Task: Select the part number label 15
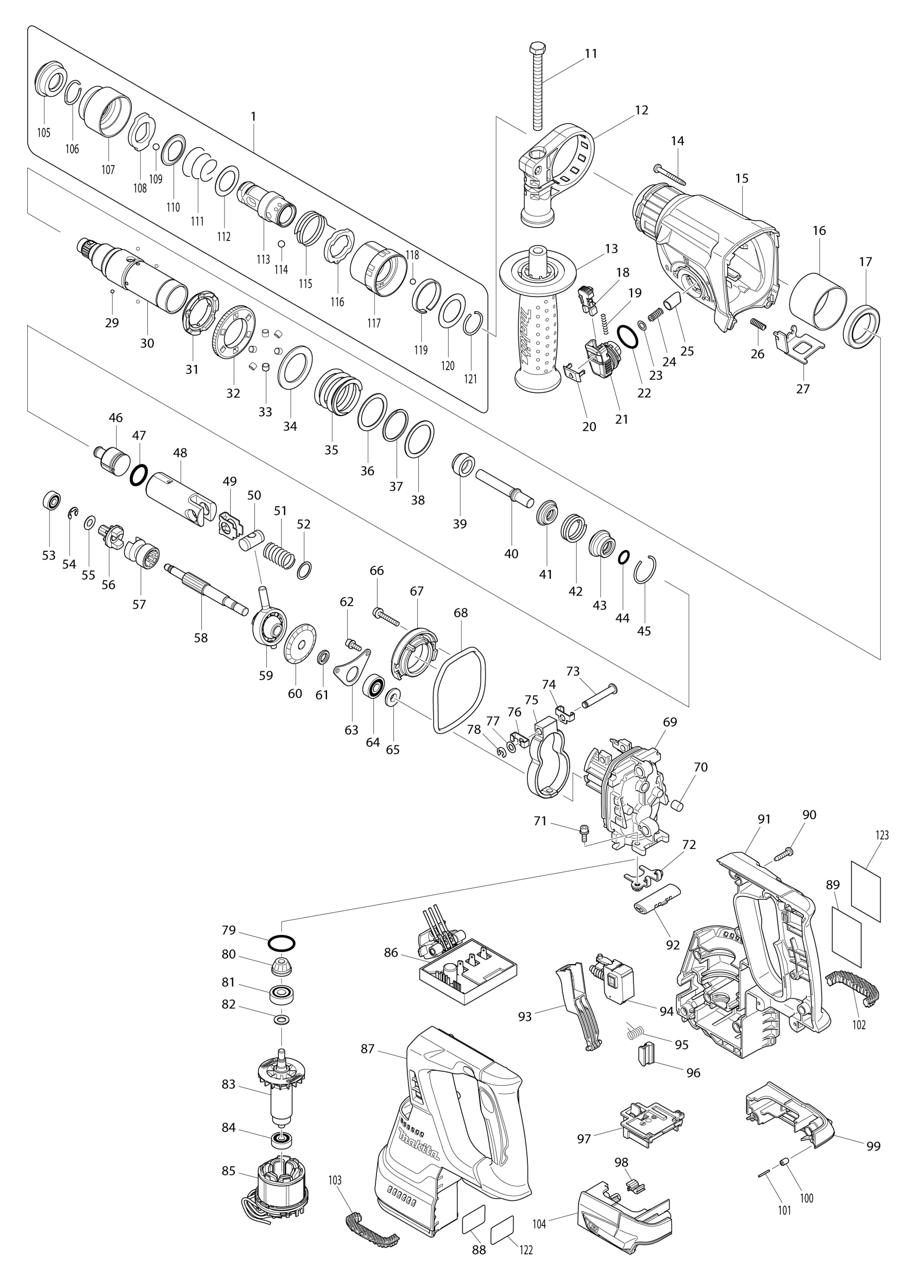[x=742, y=178]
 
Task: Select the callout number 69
[x=669, y=721]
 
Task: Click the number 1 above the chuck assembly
[x=253, y=116]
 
